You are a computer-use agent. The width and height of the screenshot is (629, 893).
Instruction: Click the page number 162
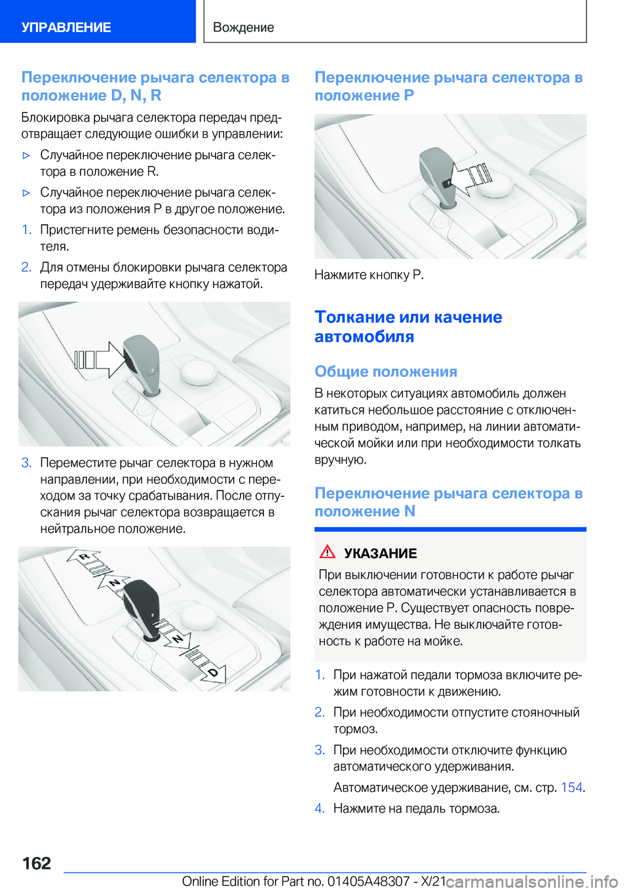(x=36, y=863)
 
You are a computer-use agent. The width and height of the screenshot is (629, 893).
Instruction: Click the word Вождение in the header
(x=244, y=28)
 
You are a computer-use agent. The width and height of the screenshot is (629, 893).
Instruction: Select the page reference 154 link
(x=571, y=787)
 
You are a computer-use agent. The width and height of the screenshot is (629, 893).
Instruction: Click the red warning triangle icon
(x=327, y=551)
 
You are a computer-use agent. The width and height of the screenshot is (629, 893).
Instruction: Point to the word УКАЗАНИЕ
(x=380, y=553)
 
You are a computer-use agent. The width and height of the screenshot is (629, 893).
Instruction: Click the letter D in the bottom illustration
(x=212, y=673)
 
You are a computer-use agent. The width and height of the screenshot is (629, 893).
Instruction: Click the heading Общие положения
(x=386, y=372)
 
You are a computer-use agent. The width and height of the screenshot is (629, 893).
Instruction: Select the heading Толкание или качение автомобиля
(x=408, y=327)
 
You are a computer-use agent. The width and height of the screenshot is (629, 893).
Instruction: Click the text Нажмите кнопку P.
(x=369, y=275)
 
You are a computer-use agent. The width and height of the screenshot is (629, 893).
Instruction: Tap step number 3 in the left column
(x=26, y=463)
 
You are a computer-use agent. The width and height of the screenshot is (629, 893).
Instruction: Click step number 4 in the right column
(x=320, y=808)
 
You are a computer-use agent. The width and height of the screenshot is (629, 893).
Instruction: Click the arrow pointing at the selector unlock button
(x=99, y=360)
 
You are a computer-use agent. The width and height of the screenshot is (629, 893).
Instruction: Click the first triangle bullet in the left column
(x=27, y=156)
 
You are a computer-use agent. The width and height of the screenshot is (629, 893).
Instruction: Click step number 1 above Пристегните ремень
(x=26, y=230)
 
